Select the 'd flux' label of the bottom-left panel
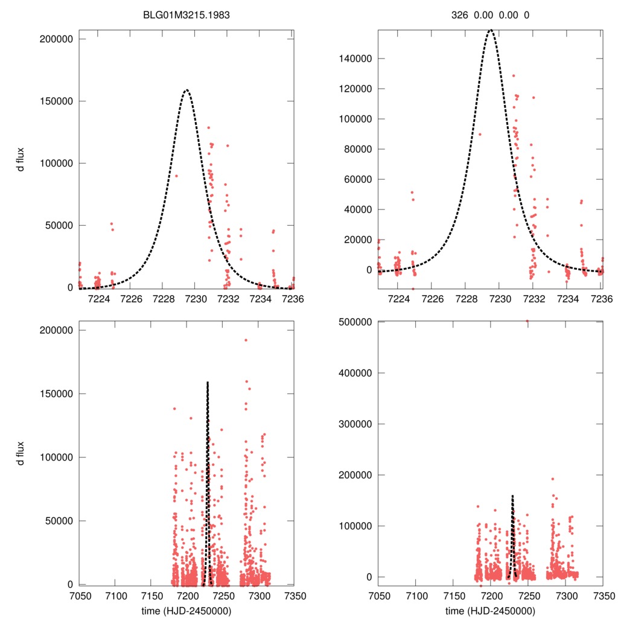[21, 453]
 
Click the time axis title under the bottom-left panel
[186, 611]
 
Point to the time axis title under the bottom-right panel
[490, 611]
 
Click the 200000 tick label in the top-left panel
[55, 39]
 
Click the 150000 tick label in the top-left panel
[55, 101]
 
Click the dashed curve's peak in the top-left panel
[186, 90]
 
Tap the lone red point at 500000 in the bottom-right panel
[527, 322]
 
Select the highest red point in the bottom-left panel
[246, 340]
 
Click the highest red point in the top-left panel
[208, 128]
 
